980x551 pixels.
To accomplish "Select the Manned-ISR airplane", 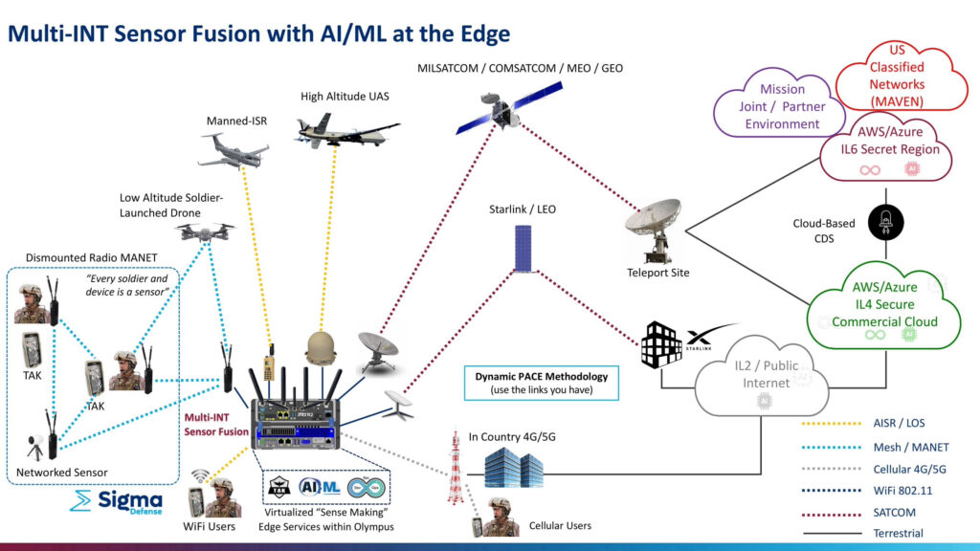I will [x=234, y=149].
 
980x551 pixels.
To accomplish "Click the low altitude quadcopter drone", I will [x=206, y=232].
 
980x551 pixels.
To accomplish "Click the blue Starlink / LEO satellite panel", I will [x=523, y=249].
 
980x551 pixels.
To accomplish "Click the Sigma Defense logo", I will [x=117, y=501].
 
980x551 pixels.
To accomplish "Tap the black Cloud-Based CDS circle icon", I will [x=883, y=222].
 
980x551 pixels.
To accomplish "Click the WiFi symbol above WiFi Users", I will [x=202, y=475].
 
